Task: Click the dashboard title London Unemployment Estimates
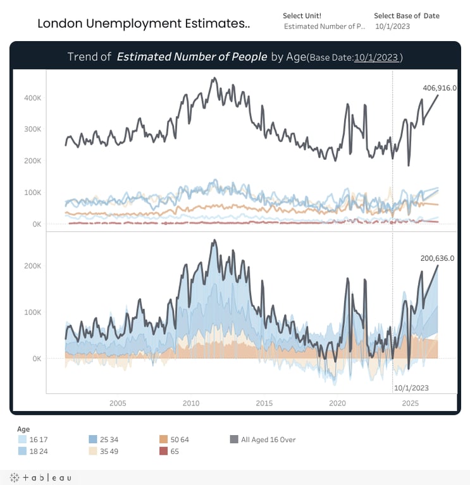[144, 24]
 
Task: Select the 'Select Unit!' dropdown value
[324, 27]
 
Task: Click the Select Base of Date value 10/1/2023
[393, 27]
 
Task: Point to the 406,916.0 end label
[439, 88]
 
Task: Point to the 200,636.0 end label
[437, 258]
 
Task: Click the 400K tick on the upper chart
[33, 98]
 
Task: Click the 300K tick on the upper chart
[33, 129]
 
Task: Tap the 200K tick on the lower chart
[33, 266]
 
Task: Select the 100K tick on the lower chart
[33, 312]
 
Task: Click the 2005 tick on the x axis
[118, 403]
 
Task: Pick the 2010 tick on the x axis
[191, 403]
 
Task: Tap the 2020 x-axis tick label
[338, 403]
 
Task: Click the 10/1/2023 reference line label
[411, 388]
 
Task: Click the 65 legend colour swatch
[164, 451]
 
